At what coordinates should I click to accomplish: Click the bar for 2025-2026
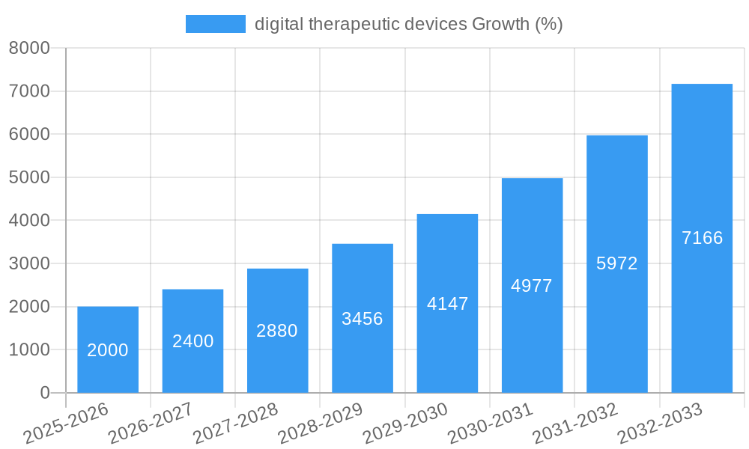108,349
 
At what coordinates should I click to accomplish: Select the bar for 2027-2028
277,331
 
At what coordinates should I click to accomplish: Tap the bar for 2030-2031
532,285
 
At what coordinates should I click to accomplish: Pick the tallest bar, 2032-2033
702,238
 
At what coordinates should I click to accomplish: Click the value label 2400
192,341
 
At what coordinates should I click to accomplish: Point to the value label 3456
363,319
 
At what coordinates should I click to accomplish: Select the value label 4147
447,304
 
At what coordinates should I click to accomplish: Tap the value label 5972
616,263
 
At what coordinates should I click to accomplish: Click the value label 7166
702,238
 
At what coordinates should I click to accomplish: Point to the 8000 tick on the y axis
28,49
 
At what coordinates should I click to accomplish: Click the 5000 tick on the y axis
28,178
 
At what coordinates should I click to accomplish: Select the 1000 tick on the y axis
28,350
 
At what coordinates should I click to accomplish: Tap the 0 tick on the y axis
44,393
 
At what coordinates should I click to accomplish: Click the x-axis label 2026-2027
151,423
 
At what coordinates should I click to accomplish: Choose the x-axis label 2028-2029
320,423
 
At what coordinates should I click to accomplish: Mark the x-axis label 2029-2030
404,423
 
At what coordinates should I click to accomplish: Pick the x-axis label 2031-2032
574,423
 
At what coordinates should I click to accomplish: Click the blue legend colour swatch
215,24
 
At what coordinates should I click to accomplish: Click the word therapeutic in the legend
354,24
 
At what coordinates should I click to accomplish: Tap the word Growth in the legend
500,24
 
